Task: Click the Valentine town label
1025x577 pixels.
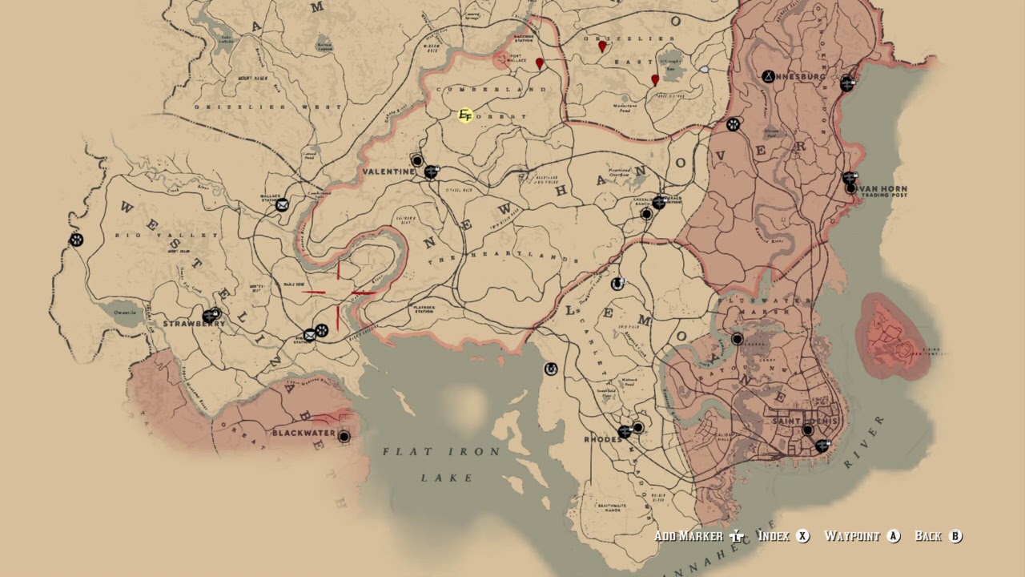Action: coord(388,171)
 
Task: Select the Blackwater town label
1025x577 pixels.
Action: coord(303,434)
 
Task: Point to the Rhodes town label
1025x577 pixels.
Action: coord(603,439)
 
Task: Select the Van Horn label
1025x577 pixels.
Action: coord(884,190)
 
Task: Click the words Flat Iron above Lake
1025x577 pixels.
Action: coord(441,452)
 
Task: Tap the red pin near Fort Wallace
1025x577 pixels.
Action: coord(540,63)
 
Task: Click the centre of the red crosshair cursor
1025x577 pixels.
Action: coord(338,293)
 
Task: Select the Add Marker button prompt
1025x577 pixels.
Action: coord(700,536)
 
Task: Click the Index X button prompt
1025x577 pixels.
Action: coord(783,536)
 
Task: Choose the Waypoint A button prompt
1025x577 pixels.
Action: coord(862,536)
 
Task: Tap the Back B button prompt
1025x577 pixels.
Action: coord(938,536)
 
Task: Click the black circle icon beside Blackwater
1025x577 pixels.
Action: coord(344,437)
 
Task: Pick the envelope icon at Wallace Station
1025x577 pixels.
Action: coord(282,205)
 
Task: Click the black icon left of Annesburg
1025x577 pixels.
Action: coord(767,77)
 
